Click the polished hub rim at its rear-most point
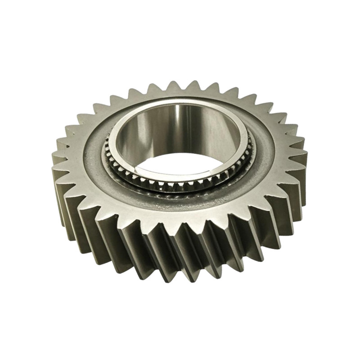click(180, 102)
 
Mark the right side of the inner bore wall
click(225, 130)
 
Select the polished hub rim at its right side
click(245, 135)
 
